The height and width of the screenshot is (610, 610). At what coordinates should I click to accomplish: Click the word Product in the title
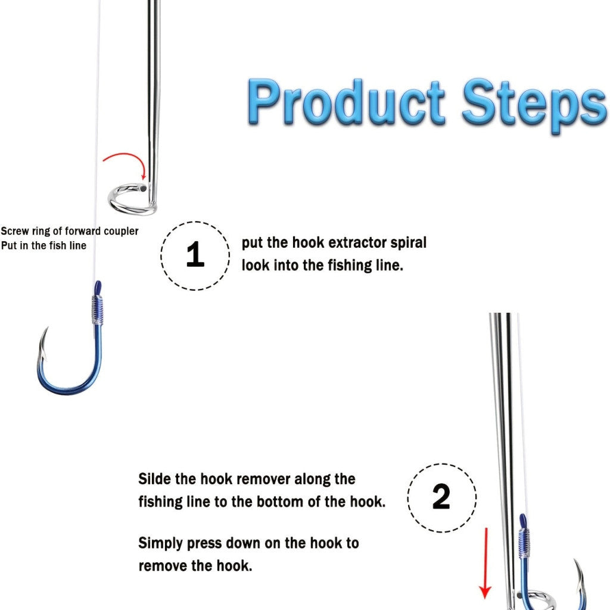pyautogui.click(x=346, y=101)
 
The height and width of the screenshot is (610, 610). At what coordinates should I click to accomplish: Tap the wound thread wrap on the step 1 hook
pyautogui.click(x=98, y=310)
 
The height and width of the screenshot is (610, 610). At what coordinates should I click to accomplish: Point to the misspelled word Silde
pyautogui.click(x=154, y=479)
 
